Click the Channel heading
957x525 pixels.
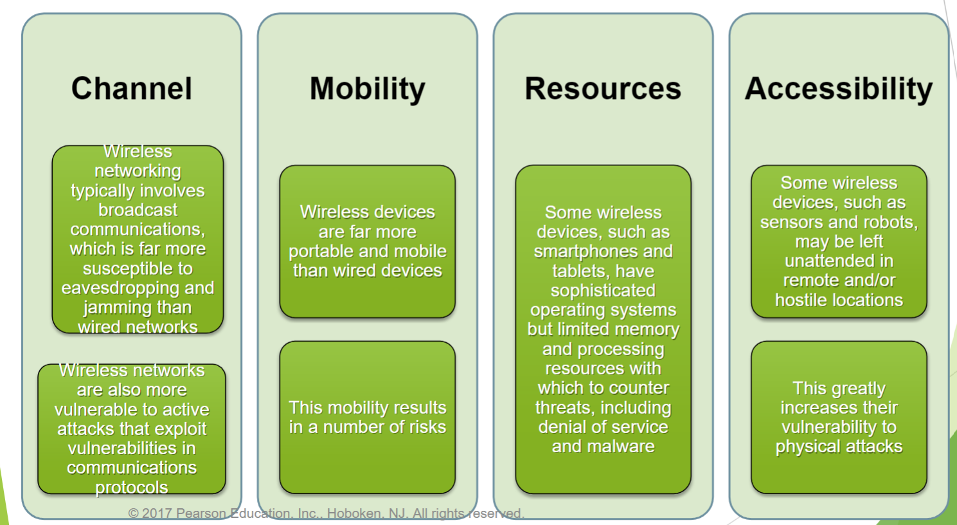(x=132, y=89)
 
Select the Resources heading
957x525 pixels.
(x=603, y=89)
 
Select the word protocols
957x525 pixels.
(x=132, y=488)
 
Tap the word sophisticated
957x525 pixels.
(x=603, y=291)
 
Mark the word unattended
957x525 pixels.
(x=839, y=261)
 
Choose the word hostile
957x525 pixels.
(x=798, y=300)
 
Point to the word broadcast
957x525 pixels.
(x=138, y=210)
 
